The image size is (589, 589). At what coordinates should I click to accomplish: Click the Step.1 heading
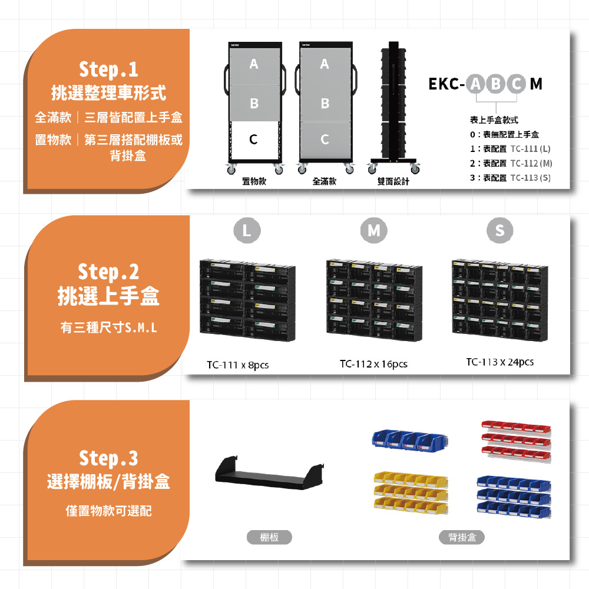pyautogui.click(x=108, y=70)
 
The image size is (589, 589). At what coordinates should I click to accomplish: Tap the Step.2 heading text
pyautogui.click(x=108, y=272)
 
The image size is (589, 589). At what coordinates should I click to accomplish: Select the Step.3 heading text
pyautogui.click(x=108, y=459)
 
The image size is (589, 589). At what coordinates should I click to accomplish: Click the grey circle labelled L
pyautogui.click(x=247, y=230)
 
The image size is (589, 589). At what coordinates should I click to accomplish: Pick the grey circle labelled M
pyautogui.click(x=374, y=230)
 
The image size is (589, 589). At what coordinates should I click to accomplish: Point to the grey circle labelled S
pyautogui.click(x=500, y=230)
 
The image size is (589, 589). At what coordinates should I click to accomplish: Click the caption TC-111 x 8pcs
pyautogui.click(x=238, y=365)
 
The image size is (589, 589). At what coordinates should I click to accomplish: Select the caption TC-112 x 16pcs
pyautogui.click(x=374, y=363)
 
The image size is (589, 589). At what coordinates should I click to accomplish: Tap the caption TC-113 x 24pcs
pyautogui.click(x=500, y=362)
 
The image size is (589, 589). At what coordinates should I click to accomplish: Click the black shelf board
pyautogui.click(x=269, y=474)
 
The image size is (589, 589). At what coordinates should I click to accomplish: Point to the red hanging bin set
pyautogui.click(x=516, y=441)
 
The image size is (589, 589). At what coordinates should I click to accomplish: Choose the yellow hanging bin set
pyautogui.click(x=411, y=492)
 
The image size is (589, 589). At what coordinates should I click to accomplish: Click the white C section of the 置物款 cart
pyautogui.click(x=254, y=140)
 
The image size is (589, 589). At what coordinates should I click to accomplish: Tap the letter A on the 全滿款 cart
pyautogui.click(x=325, y=64)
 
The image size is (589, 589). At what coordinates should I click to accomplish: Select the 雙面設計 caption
pyautogui.click(x=393, y=181)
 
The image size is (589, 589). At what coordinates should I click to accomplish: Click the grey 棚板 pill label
pyautogui.click(x=269, y=537)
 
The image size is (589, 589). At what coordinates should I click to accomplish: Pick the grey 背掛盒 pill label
pyautogui.click(x=462, y=537)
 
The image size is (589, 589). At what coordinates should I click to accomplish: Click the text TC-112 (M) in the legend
pyautogui.click(x=531, y=163)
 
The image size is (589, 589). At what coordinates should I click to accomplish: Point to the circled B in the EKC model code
pyautogui.click(x=496, y=84)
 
